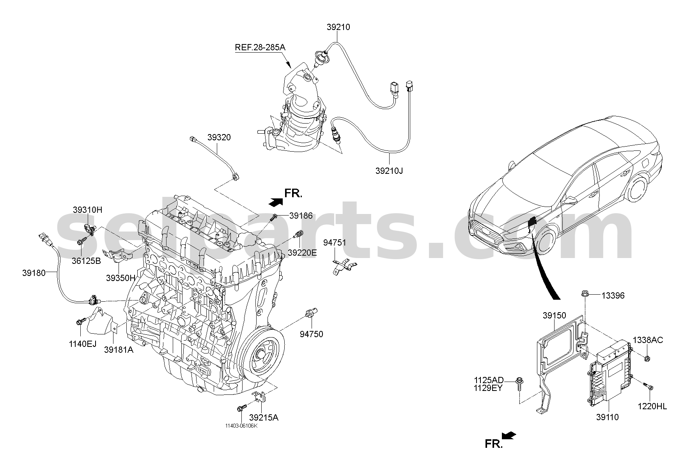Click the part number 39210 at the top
(338, 27)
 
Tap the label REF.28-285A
(260, 48)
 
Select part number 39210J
(389, 171)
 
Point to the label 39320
(219, 137)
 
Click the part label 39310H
(87, 210)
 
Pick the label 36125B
(86, 261)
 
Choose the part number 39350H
(120, 278)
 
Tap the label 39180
(34, 273)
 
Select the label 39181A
(119, 350)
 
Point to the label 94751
(335, 243)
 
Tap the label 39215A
(264, 417)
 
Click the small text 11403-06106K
(241, 426)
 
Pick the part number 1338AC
(648, 340)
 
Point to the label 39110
(607, 417)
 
